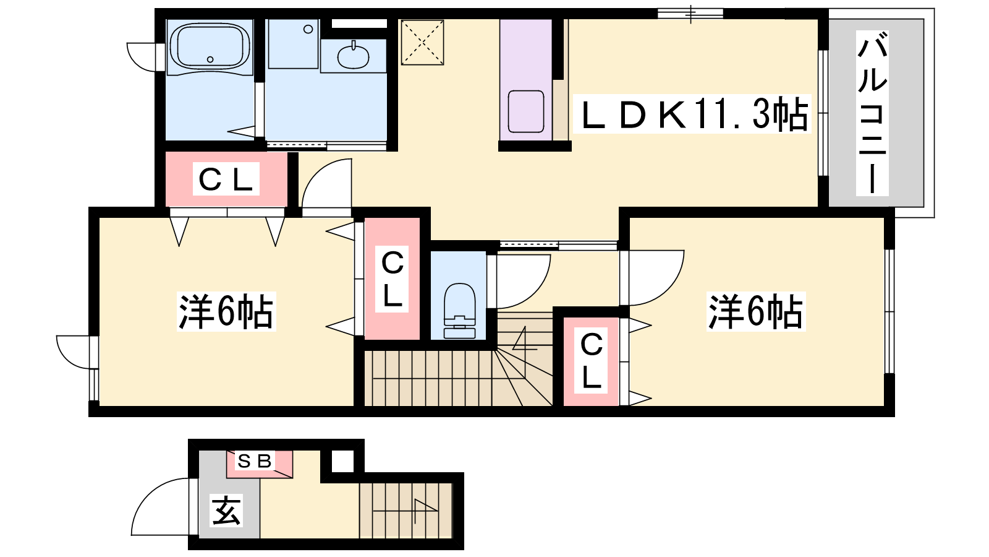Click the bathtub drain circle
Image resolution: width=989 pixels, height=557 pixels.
tap(210, 59)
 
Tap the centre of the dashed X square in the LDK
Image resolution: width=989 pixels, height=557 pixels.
tap(422, 43)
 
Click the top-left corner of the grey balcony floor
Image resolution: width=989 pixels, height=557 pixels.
tap(829, 19)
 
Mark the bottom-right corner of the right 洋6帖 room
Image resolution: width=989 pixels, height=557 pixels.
tap(884, 406)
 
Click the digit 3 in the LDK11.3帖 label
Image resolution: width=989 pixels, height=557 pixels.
tap(760, 114)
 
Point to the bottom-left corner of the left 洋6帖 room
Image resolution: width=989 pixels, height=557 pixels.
tap(100, 406)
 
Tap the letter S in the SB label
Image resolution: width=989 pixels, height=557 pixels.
tap(244, 462)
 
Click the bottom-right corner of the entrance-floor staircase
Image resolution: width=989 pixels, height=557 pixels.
tap(452, 538)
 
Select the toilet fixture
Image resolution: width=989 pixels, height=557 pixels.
tap(459, 310)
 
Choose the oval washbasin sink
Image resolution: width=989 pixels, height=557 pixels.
tap(353, 56)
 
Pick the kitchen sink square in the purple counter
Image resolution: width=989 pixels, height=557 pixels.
tap(526, 111)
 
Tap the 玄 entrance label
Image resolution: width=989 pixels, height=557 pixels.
tap(226, 510)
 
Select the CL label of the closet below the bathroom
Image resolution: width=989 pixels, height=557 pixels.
tap(226, 179)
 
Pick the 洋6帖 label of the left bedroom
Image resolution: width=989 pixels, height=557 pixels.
tap(226, 311)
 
